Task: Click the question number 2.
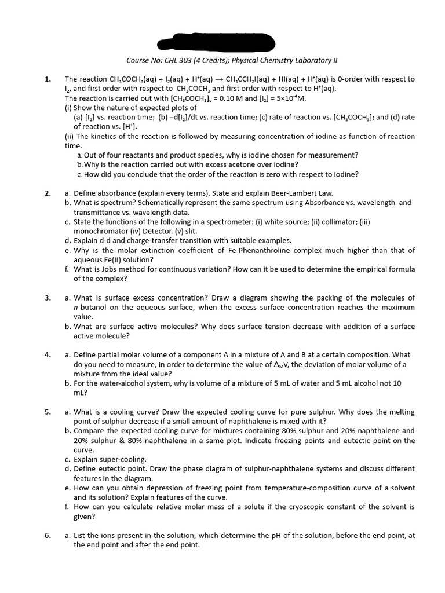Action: click(x=48, y=193)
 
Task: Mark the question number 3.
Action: click(x=48, y=298)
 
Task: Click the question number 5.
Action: click(x=48, y=412)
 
